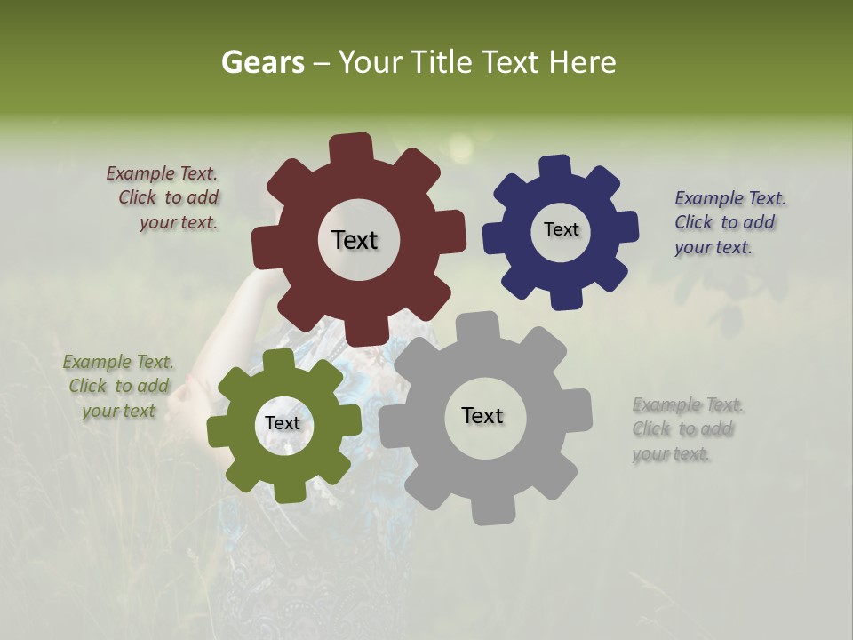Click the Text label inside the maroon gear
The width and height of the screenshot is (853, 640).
click(355, 240)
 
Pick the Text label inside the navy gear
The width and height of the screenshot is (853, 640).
click(561, 229)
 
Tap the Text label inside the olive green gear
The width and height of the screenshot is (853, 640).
click(283, 424)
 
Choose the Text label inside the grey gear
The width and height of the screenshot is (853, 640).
click(482, 416)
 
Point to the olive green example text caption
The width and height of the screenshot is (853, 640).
click(118, 387)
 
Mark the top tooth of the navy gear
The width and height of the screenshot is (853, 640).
click(554, 166)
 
